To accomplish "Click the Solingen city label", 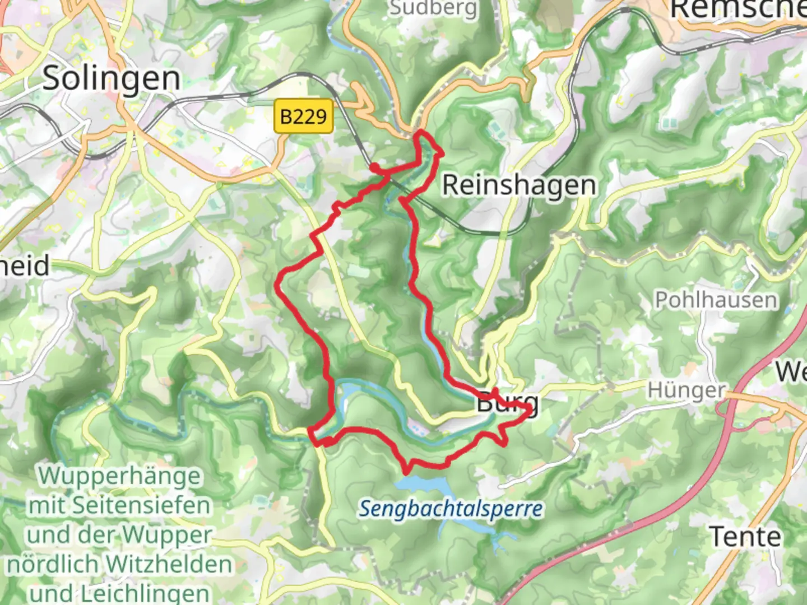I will tap(112, 78).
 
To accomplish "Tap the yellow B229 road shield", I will tap(303, 117).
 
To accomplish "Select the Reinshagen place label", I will tap(519, 185).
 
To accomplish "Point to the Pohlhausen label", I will tap(716, 300).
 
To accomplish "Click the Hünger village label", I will tap(686, 390).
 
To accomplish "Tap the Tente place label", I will tap(745, 537).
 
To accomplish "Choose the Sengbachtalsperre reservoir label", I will tap(451, 509).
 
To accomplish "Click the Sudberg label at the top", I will tap(433, 8).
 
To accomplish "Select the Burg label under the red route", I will tap(507, 402).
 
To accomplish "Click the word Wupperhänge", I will tap(119, 476).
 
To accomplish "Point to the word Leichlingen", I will tap(146, 593).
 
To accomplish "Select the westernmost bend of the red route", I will tap(278, 285).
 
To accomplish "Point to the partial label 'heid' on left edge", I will tap(25, 266).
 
